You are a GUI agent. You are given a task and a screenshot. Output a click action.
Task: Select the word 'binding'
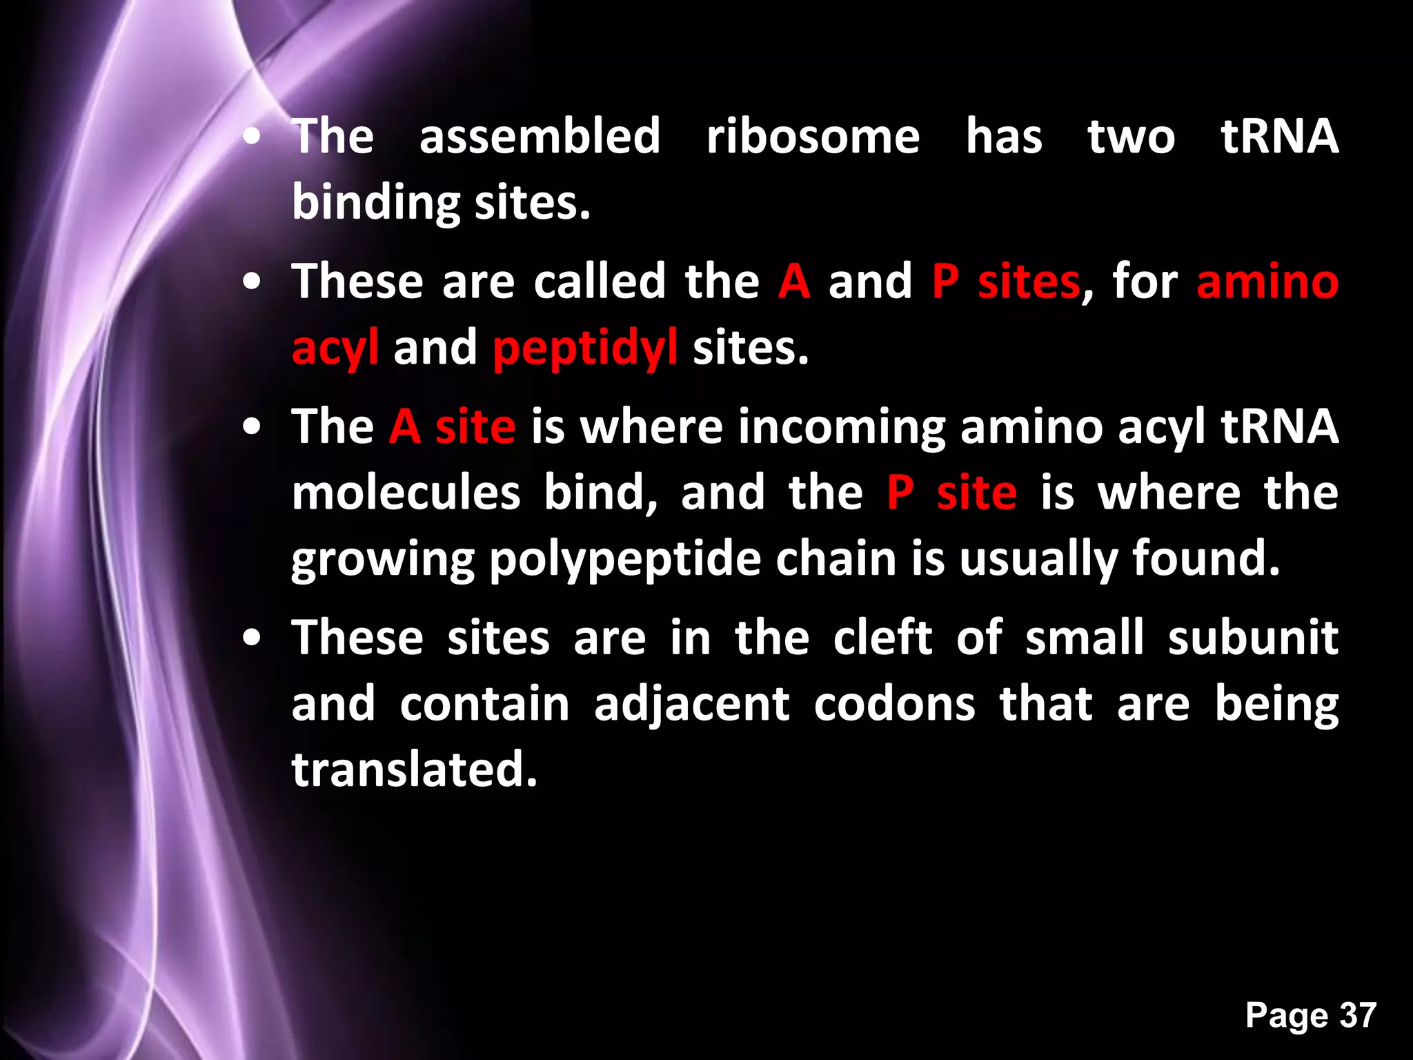(375, 203)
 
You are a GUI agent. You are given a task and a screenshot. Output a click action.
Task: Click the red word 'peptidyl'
(585, 348)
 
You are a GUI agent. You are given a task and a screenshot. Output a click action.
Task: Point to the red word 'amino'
(1267, 282)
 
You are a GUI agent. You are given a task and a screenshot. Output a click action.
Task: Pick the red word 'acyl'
(335, 348)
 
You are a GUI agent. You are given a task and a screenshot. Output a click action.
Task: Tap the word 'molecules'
(406, 493)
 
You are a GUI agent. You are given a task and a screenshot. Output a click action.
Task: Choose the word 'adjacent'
(691, 704)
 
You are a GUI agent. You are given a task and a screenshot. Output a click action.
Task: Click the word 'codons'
(894, 704)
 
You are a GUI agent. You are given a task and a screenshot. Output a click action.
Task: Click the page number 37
(1358, 1015)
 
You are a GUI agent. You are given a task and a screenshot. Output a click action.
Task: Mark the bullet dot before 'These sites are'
(253, 638)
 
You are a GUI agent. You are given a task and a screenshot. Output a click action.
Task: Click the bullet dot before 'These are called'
(253, 282)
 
